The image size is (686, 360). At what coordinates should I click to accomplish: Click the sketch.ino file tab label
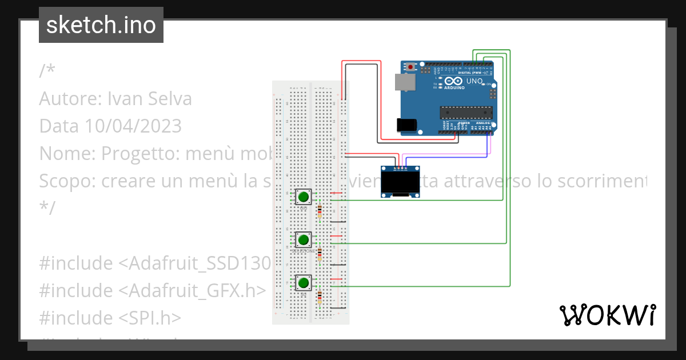pyautogui.click(x=101, y=25)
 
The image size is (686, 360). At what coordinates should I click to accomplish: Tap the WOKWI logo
pyautogui.click(x=607, y=315)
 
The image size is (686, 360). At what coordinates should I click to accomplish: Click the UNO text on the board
pyautogui.click(x=474, y=81)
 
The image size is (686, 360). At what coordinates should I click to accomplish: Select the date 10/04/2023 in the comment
pyautogui.click(x=133, y=125)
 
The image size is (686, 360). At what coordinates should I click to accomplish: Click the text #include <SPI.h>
pyautogui.click(x=110, y=317)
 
